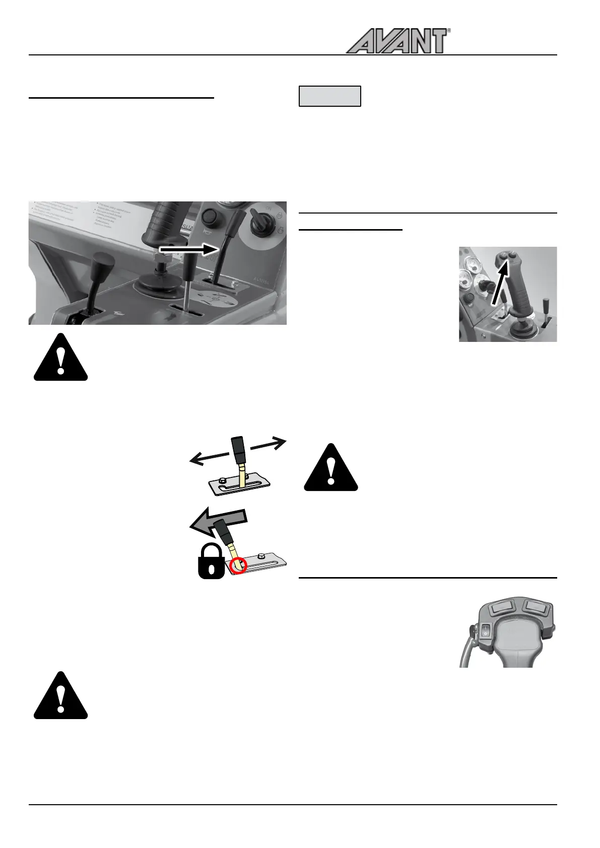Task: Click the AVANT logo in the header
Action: pos(397,41)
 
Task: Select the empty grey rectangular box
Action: pos(330,96)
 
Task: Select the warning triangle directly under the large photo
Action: pos(60,358)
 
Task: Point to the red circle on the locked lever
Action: pos(238,566)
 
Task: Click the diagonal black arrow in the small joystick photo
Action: pos(500,284)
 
